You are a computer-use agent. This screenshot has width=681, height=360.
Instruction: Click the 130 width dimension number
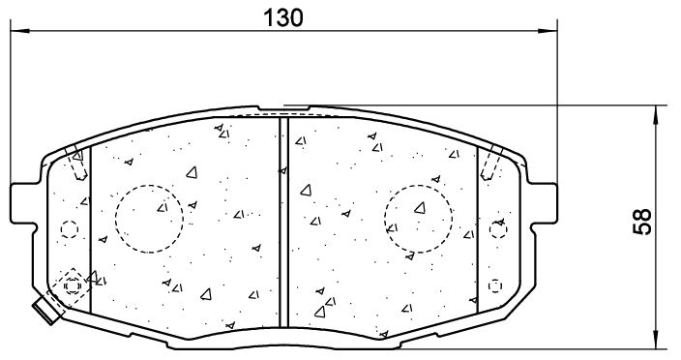pos(283,17)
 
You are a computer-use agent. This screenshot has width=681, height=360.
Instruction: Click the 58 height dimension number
pos(642,222)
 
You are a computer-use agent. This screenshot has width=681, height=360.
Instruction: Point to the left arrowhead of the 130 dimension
pos(19,31)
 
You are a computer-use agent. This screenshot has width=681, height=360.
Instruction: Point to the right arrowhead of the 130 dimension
pos(548,31)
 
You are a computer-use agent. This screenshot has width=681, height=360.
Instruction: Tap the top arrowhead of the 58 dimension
pos(656,114)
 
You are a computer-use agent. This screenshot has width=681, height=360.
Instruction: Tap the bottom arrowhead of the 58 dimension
pos(656,339)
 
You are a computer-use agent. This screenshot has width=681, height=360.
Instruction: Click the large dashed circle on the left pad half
pos(149,219)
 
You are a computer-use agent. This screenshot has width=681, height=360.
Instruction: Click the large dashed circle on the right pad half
pos(418,219)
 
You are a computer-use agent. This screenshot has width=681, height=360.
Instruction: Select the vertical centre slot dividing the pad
pos(283,222)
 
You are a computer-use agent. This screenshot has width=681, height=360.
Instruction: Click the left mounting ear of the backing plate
pos(22,203)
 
